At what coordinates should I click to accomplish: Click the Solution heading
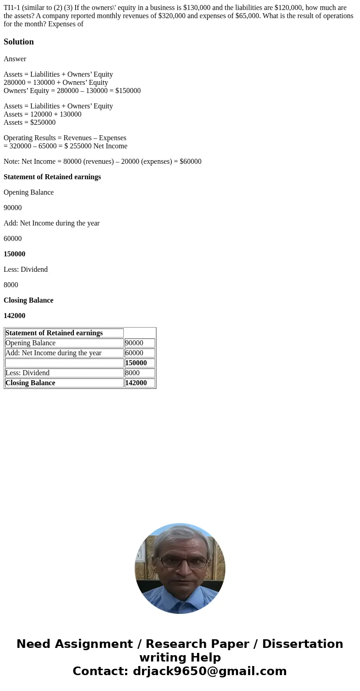tap(19, 42)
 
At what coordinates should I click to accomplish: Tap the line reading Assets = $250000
tap(29, 123)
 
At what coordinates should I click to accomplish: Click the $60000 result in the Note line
tap(190, 162)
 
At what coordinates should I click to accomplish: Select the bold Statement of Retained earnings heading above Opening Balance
tap(52, 177)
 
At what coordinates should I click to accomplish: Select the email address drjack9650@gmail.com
tap(209, 671)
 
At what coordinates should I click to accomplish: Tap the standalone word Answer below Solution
tap(15, 59)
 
